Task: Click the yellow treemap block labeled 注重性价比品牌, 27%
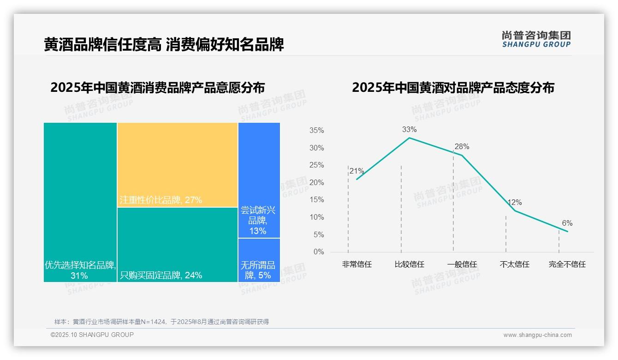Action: click(x=178, y=165)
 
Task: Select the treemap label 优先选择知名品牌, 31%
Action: click(x=79, y=270)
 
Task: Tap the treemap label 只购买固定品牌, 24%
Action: click(x=161, y=276)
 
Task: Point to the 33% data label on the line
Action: click(x=409, y=129)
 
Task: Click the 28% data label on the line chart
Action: click(x=462, y=147)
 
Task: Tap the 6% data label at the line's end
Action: click(x=567, y=223)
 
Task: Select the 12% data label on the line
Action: click(x=514, y=203)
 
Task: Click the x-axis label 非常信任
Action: click(x=357, y=264)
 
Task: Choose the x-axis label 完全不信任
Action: click(x=567, y=264)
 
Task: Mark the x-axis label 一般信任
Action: click(x=462, y=264)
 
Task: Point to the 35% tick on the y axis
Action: click(x=316, y=131)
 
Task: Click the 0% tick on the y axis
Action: click(x=319, y=252)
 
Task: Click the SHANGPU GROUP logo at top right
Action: click(x=536, y=39)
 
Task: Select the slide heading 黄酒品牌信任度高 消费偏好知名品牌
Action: click(x=164, y=44)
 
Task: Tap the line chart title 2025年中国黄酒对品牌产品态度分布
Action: click(x=453, y=88)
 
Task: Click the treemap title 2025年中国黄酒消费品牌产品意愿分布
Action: click(x=157, y=88)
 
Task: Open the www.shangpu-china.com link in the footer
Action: click(x=537, y=335)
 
